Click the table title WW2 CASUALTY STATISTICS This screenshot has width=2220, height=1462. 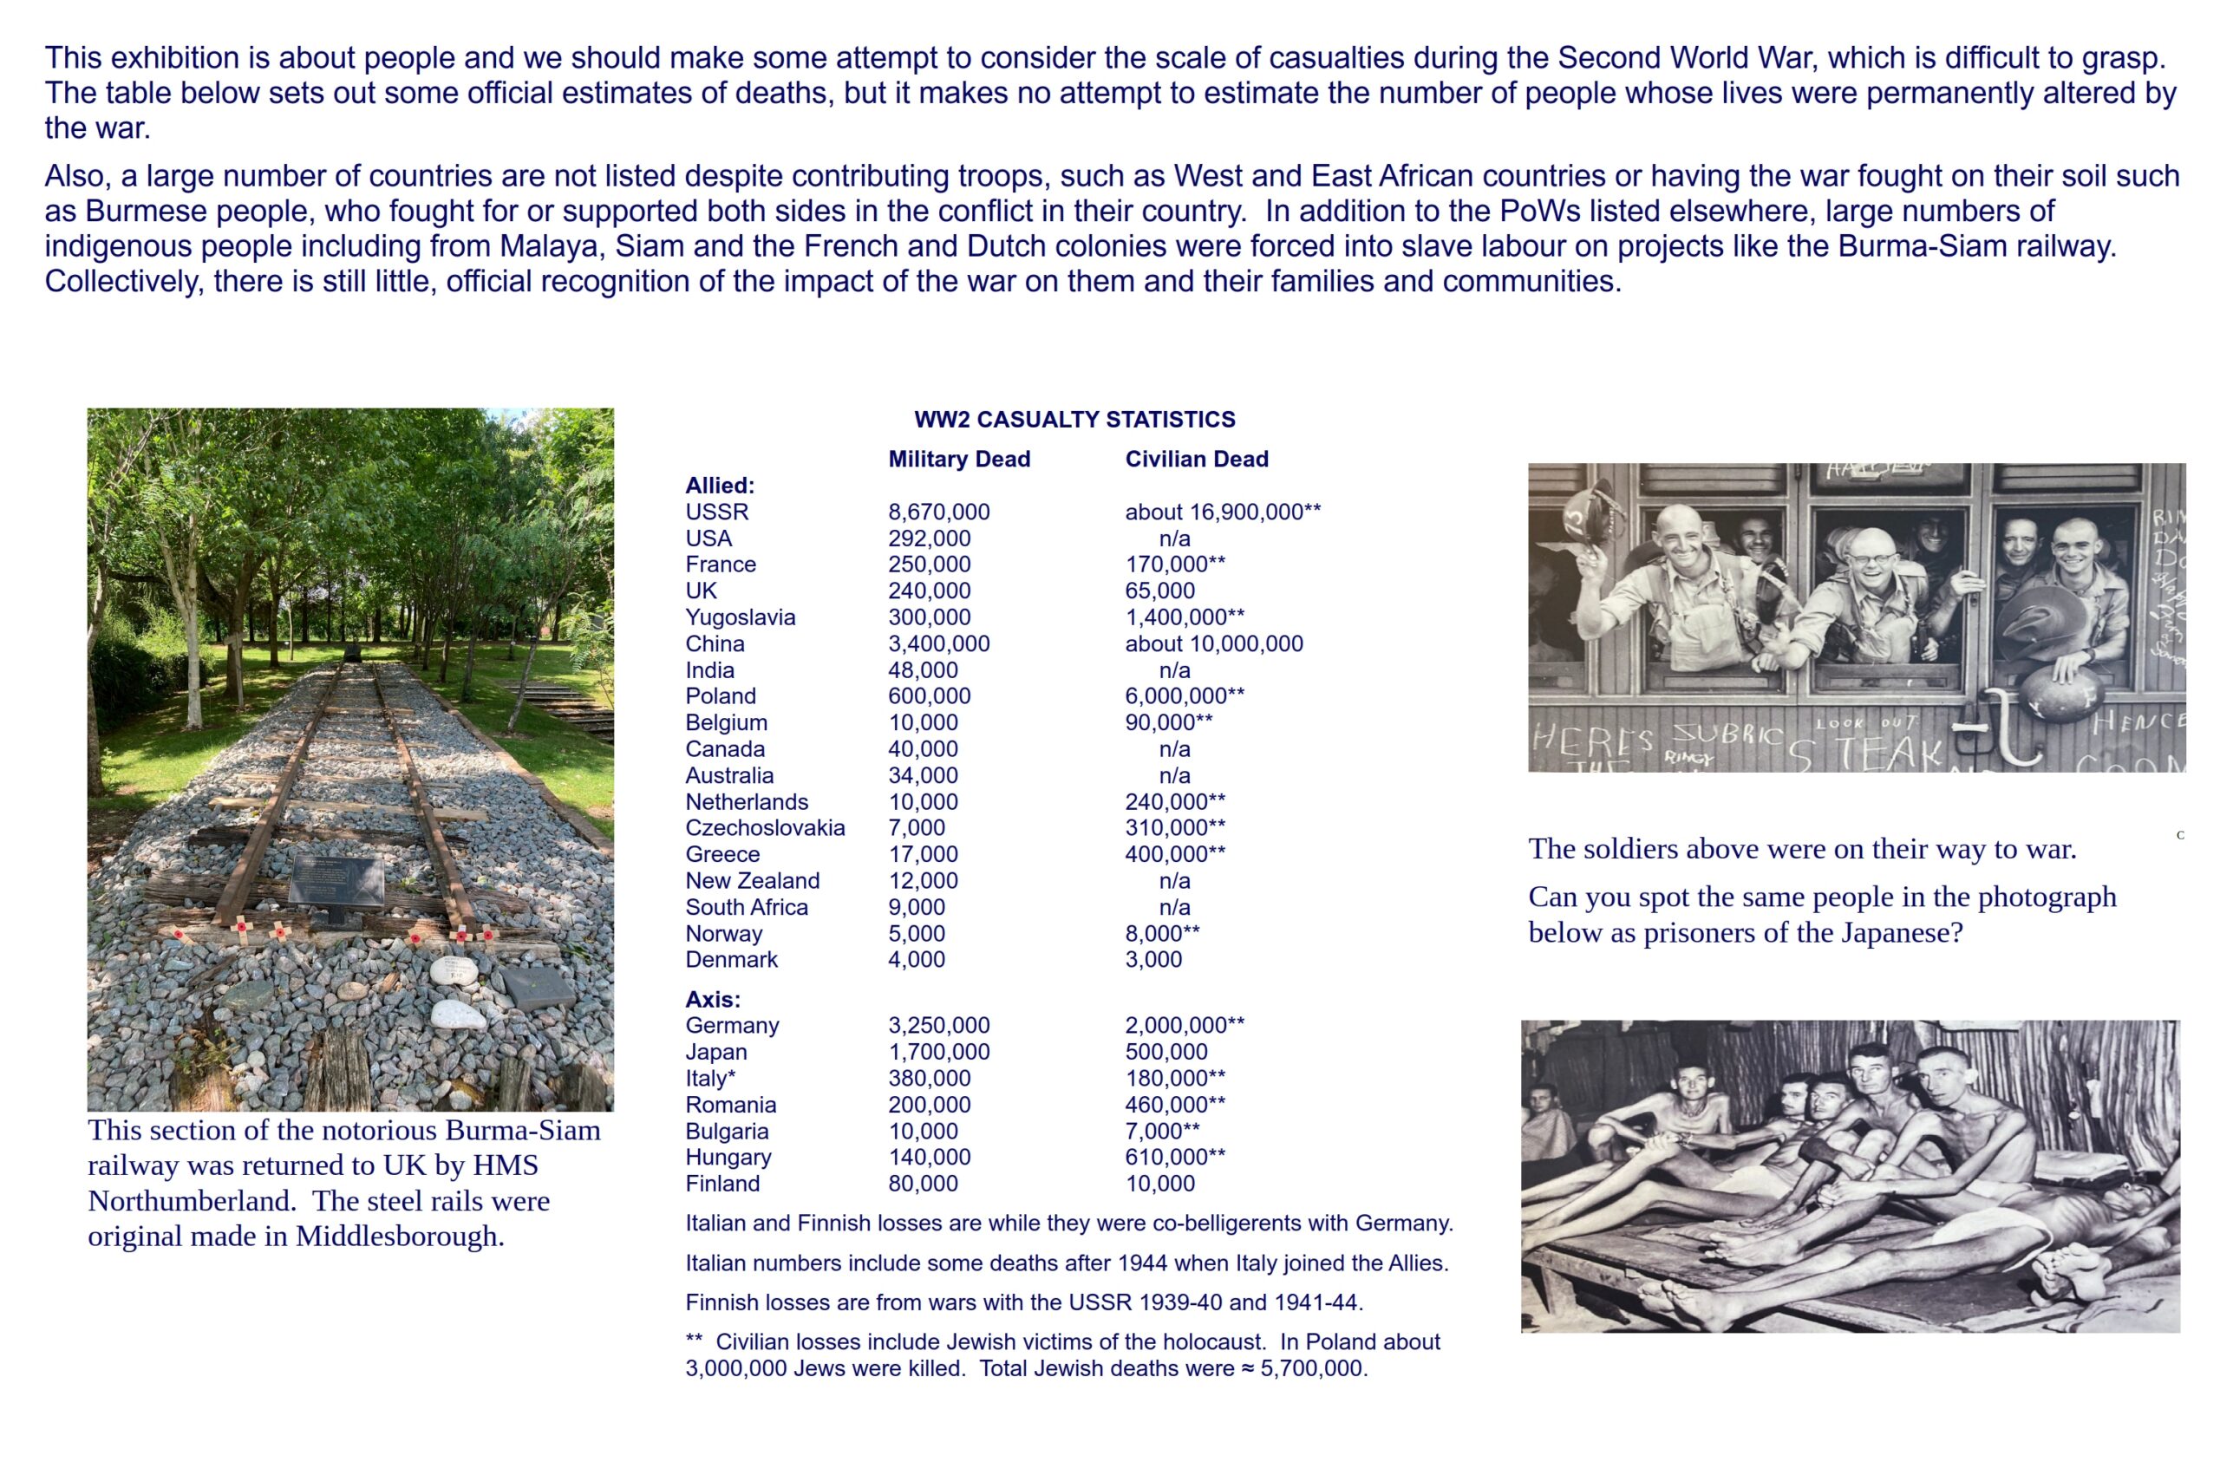[x=1074, y=420]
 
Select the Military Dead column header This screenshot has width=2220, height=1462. [x=959, y=459]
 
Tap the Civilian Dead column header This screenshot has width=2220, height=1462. [x=1196, y=459]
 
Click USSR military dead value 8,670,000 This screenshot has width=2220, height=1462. [x=938, y=512]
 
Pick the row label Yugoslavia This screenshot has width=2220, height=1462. [x=740, y=617]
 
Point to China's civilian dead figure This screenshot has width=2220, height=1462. [x=1213, y=643]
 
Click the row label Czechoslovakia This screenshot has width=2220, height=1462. [x=765, y=827]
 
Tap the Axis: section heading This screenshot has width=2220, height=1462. [x=713, y=999]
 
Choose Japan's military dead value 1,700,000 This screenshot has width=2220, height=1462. [x=938, y=1053]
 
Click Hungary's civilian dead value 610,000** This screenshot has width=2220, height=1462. [x=1174, y=1157]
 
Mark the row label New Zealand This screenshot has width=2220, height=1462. [x=752, y=881]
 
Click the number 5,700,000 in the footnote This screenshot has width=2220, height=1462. [x=1312, y=1368]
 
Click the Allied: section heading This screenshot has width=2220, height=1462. [x=719, y=485]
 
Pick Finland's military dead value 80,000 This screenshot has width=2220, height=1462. [x=923, y=1184]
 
